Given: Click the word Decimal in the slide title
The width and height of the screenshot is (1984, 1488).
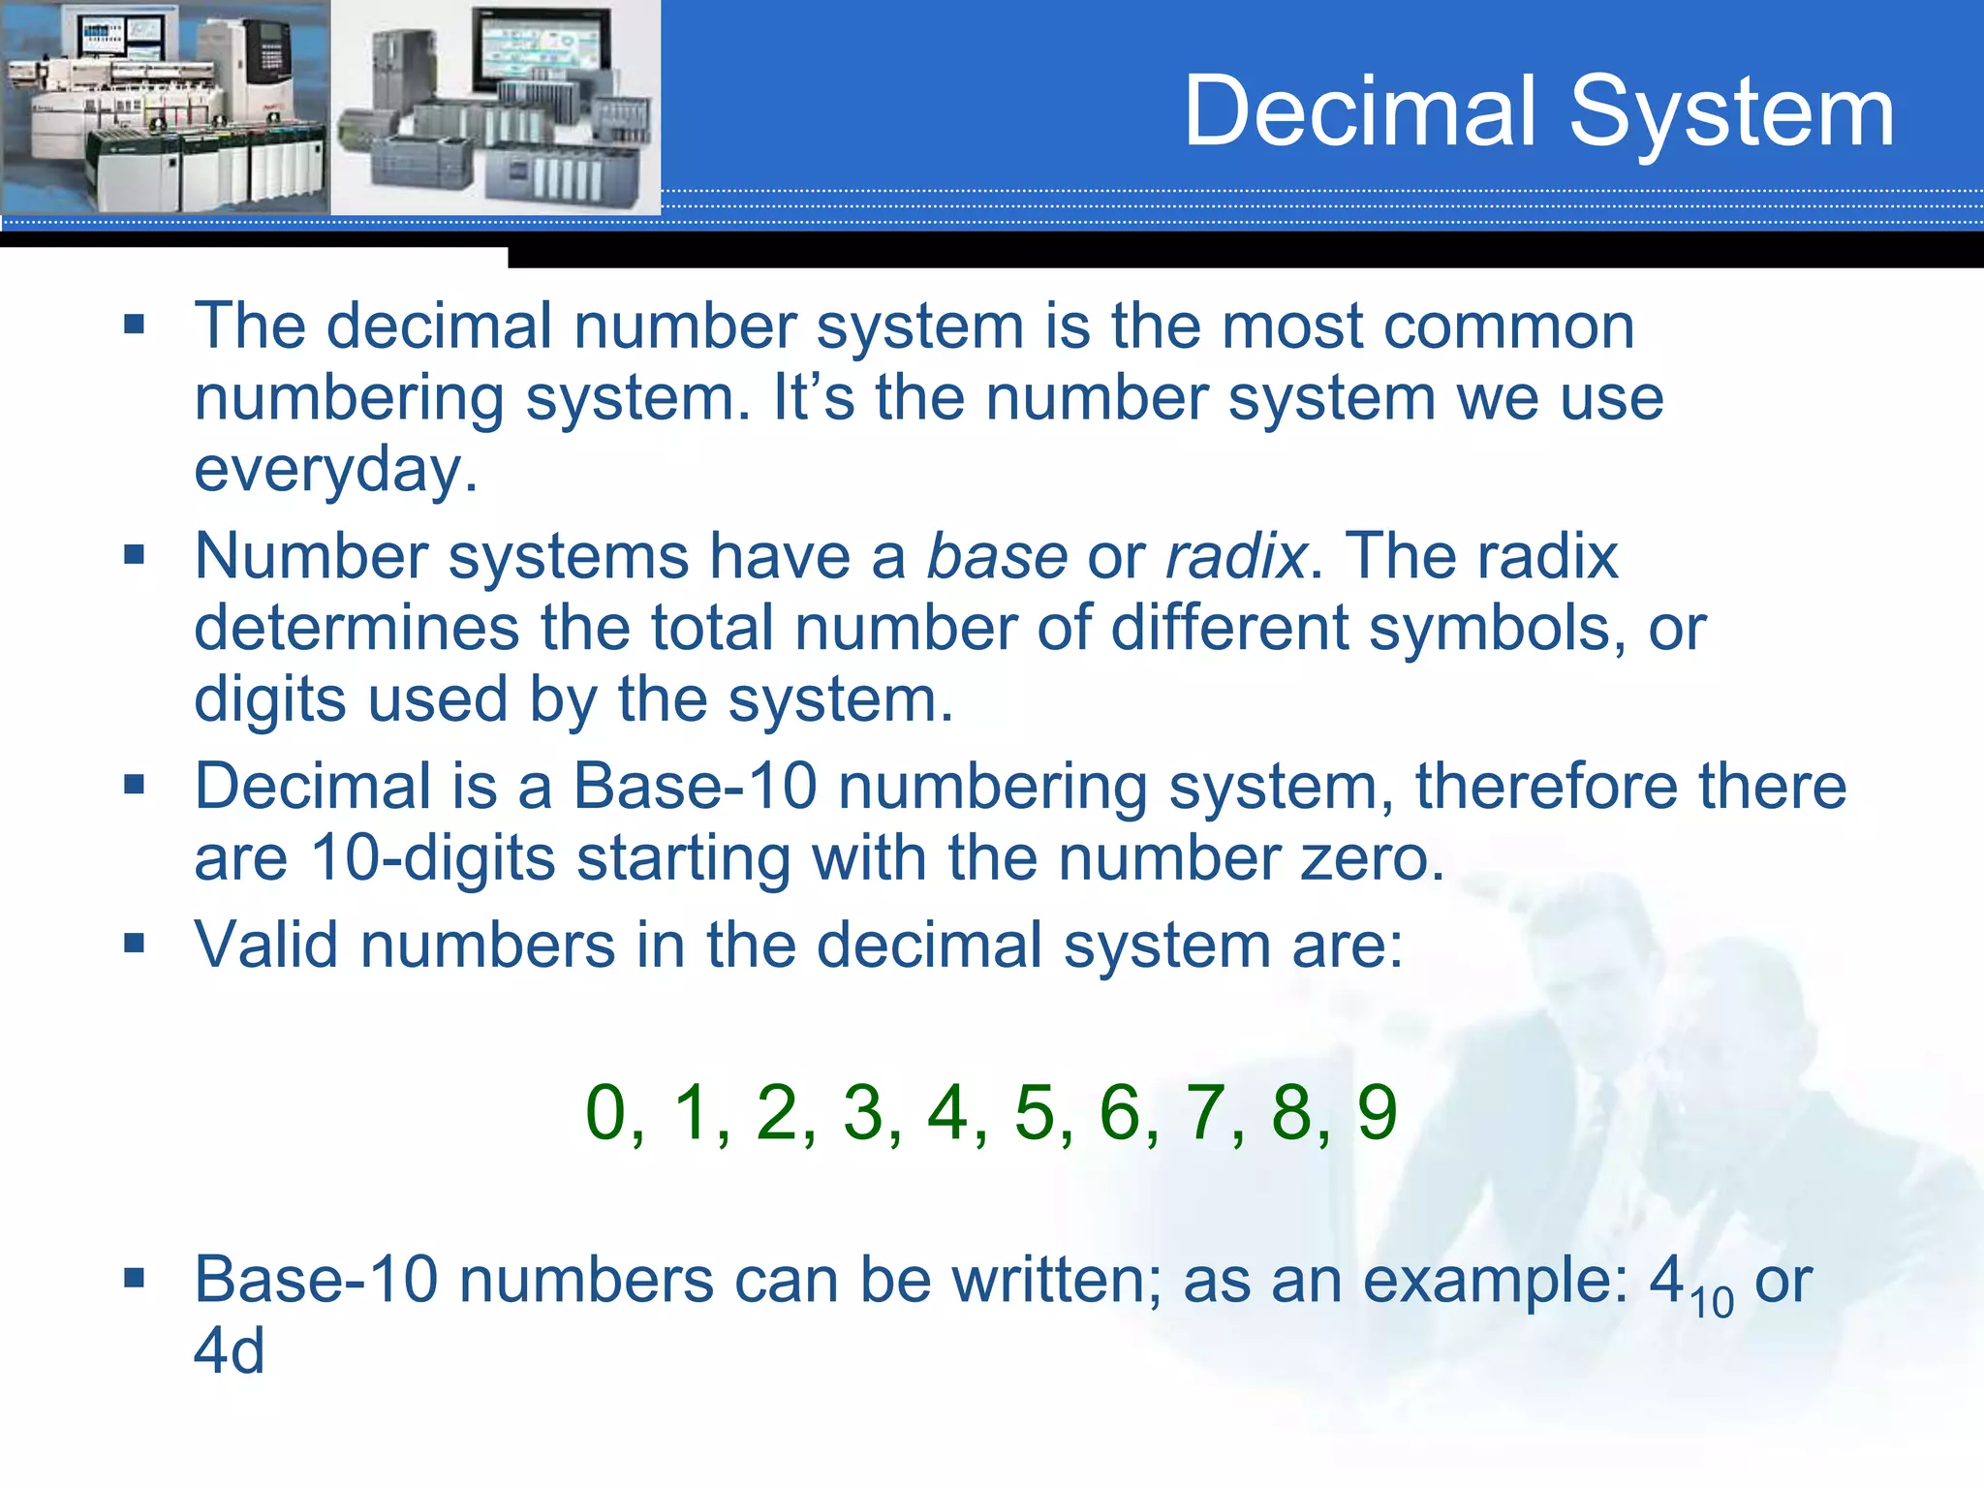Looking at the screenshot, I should (1360, 113).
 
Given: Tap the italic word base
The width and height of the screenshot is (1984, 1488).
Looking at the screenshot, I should (997, 557).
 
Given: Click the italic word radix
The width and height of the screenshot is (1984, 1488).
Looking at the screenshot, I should (1236, 557).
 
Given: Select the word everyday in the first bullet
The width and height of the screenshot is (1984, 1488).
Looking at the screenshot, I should (335, 472).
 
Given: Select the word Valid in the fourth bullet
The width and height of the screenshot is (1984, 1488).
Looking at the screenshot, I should (266, 945).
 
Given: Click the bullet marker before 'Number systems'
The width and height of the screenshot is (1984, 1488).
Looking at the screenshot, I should (134, 554).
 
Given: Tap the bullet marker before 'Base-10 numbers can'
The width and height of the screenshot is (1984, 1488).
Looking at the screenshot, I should (134, 1278).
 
